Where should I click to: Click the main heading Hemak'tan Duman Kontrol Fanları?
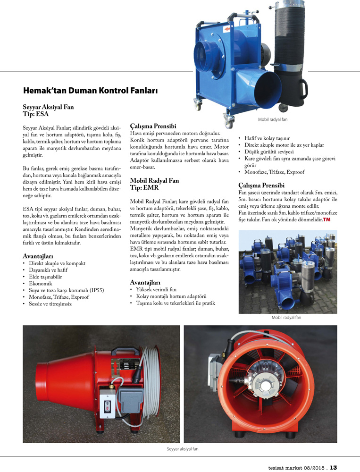90,90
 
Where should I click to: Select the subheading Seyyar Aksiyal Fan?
48,107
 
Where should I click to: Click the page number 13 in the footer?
334,468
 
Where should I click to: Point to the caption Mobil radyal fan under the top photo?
273,119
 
